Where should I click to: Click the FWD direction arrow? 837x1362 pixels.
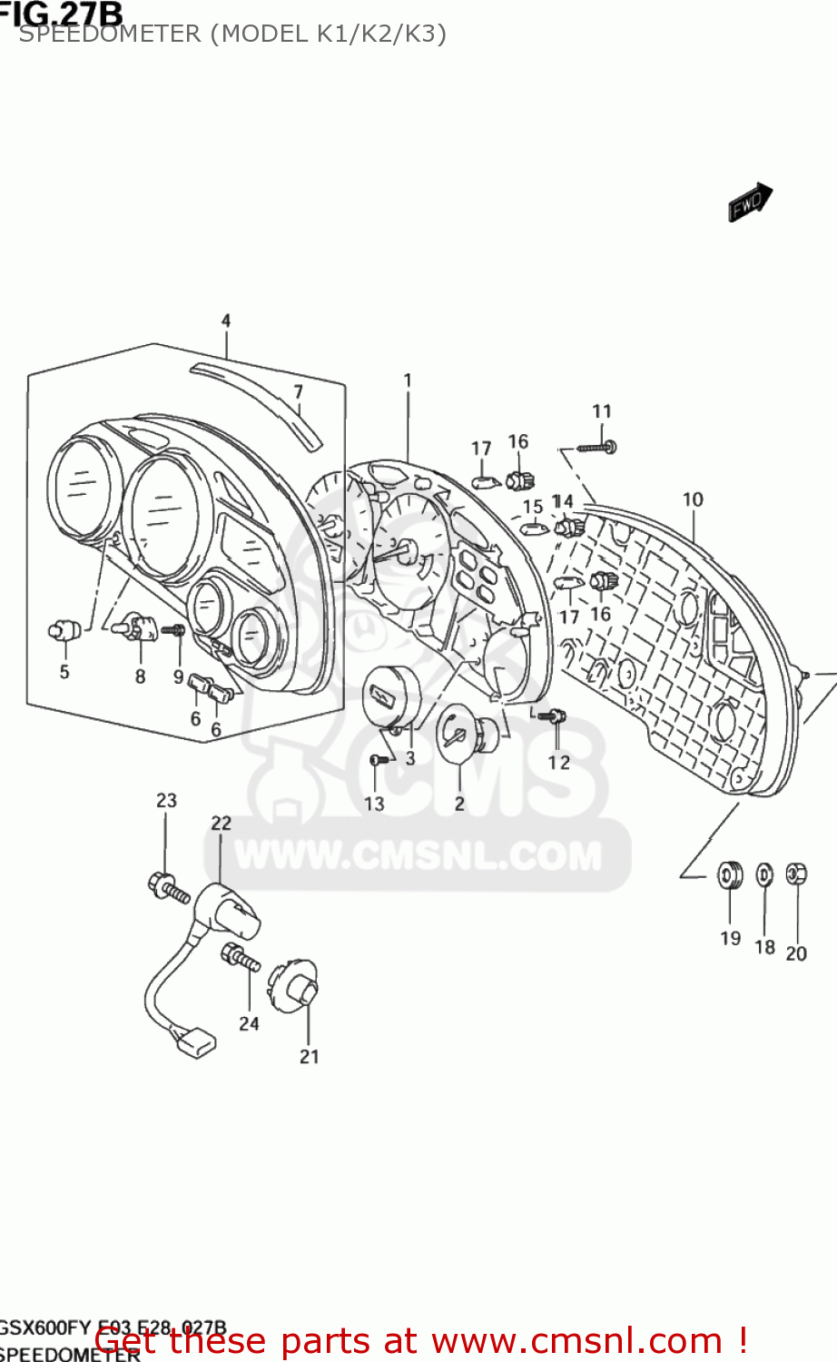click(749, 202)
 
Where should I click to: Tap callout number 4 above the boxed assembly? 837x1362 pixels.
click(226, 321)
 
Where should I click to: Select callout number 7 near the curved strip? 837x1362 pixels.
click(298, 392)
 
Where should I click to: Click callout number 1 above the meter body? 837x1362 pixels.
click(408, 380)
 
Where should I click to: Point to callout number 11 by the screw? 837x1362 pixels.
click(602, 411)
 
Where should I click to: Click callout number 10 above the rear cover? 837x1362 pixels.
click(693, 499)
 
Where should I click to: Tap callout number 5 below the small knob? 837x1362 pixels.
click(64, 672)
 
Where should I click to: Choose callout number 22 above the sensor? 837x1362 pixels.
click(222, 823)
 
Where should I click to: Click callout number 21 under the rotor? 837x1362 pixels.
click(310, 1056)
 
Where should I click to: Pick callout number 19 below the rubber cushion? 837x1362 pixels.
click(731, 938)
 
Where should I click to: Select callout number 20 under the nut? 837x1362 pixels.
click(796, 953)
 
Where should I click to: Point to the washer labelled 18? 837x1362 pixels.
click(765, 875)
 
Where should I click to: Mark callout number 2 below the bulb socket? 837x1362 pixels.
click(459, 804)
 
